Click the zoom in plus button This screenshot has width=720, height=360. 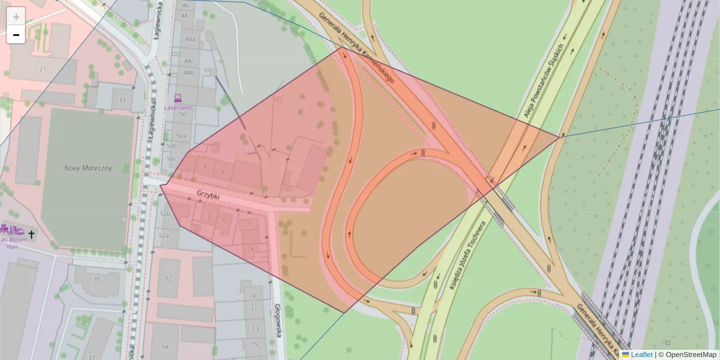[16, 16]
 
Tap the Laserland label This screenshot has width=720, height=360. [178, 107]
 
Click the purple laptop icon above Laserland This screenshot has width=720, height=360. [178, 97]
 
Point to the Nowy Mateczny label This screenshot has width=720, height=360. [88, 168]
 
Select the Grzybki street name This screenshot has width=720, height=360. [208, 196]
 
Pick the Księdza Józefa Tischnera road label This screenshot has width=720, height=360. [466, 257]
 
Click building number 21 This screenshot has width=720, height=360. [43, 69]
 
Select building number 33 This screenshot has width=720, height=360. [122, 100]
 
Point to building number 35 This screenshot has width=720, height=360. [97, 279]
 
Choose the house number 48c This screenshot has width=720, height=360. [189, 61]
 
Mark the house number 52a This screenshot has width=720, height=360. [164, 236]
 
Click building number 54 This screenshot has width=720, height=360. [164, 347]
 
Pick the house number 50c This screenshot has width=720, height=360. [172, 158]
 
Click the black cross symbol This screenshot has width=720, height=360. [32, 232]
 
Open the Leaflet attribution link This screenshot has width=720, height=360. [641, 355]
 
